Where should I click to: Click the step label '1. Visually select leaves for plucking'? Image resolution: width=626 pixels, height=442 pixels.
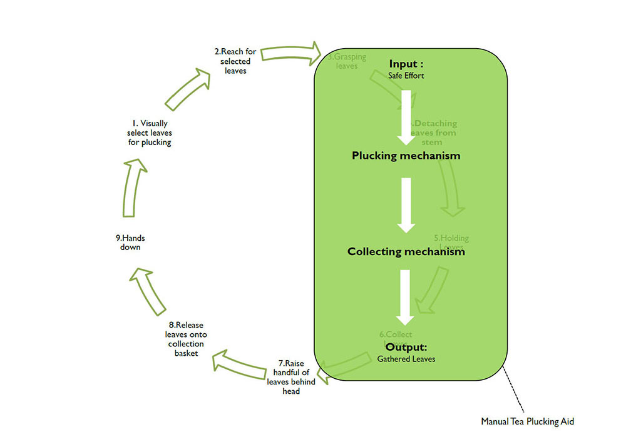[x=149, y=133]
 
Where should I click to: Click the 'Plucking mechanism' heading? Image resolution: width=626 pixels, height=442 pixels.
[x=406, y=156]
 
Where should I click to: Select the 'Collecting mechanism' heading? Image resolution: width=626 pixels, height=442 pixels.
[x=406, y=252]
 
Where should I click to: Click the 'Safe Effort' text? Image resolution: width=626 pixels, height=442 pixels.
[x=406, y=76]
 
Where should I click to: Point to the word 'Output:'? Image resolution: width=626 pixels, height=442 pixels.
[x=406, y=347]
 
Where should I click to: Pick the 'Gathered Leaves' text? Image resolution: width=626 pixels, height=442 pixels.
[x=406, y=359]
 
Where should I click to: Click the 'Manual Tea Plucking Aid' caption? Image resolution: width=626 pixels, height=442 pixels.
[x=527, y=421]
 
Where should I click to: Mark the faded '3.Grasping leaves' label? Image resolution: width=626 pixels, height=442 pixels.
[x=347, y=61]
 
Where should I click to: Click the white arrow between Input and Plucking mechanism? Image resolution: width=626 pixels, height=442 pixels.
[x=406, y=117]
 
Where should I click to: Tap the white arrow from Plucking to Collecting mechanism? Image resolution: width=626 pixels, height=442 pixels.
[x=406, y=205]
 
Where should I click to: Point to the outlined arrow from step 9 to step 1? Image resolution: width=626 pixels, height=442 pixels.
[x=133, y=188]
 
